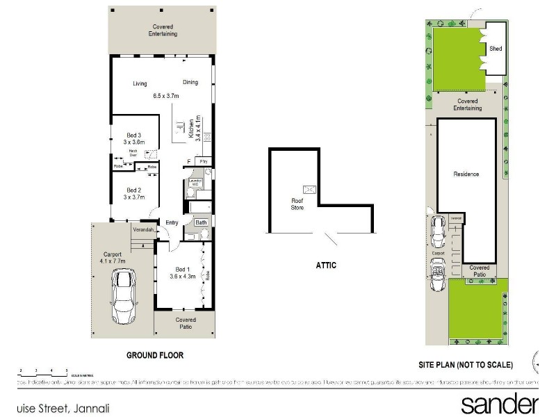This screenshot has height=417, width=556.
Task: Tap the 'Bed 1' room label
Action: tap(180, 269)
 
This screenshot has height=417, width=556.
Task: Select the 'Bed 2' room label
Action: tap(134, 190)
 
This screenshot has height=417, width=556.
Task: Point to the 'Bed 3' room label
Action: tap(134, 135)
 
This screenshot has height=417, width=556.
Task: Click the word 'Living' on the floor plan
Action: tap(140, 84)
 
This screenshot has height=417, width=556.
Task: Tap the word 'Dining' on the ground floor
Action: tap(190, 82)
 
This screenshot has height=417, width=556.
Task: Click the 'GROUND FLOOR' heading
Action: tap(154, 355)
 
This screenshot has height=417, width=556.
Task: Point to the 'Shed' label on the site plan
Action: tap(496, 49)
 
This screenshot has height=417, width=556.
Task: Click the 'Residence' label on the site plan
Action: tap(466, 174)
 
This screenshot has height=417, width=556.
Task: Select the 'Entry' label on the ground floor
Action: tap(172, 223)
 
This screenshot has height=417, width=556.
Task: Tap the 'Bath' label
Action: tap(202, 223)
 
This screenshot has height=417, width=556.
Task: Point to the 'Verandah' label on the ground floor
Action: tap(144, 229)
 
